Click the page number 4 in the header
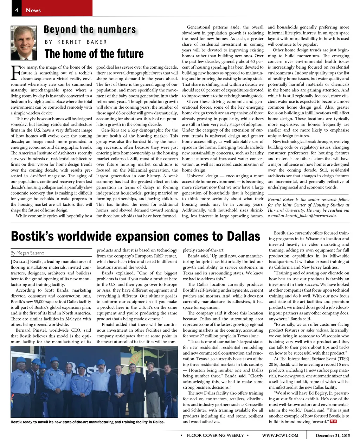tap(17, 10)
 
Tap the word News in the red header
tap(33, 10)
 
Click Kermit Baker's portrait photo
tap(24, 43)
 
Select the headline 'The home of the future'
tap(94, 54)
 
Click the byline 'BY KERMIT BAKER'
tap(76, 42)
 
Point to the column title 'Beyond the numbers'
tap(90, 30)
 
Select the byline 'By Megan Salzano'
tap(27, 253)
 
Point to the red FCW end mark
tap(333, 421)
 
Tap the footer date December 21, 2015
tap(333, 435)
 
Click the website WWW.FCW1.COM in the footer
tap(280, 435)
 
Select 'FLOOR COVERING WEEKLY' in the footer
tap(215, 435)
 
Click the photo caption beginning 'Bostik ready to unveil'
tap(88, 422)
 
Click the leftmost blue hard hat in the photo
tap(21, 360)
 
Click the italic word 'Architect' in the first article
tap(38, 176)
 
